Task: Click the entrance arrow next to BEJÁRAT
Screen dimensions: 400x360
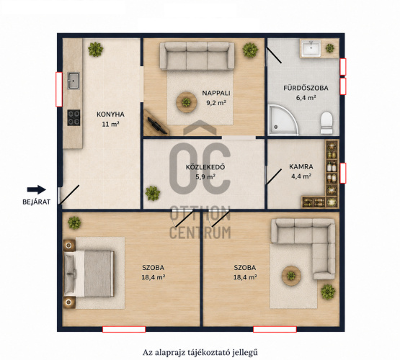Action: [37, 189]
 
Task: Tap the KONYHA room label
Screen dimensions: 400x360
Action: [110, 114]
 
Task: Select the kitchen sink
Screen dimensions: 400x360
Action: [74, 81]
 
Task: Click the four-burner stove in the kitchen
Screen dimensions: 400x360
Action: [74, 117]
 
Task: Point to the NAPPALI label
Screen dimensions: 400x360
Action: [216, 93]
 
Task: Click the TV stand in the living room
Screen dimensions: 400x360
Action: [155, 122]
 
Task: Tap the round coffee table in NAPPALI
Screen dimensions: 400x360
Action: [186, 102]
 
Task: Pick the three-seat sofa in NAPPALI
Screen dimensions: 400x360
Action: [197, 56]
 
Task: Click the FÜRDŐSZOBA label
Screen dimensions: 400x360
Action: [306, 88]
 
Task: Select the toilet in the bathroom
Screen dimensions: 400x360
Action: [326, 123]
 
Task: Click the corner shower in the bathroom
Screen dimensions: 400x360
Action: [283, 120]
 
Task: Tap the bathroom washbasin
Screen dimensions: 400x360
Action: [311, 48]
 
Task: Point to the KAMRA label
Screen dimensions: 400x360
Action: [301, 166]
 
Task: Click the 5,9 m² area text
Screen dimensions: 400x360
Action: [205, 176]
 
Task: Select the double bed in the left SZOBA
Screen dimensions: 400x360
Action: [88, 274]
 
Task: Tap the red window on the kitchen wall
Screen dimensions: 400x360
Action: [59, 89]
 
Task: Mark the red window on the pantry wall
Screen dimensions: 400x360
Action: [343, 173]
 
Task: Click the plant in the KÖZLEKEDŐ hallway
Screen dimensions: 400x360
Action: [153, 193]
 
